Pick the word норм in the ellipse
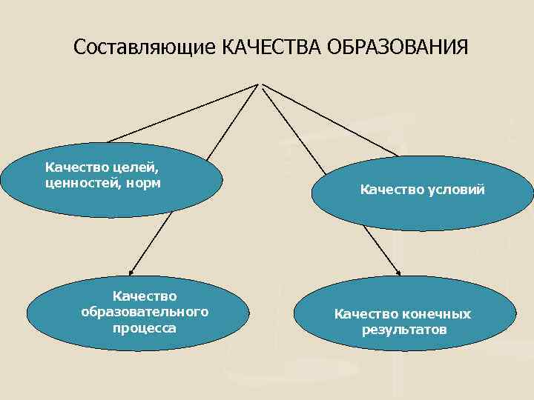(145, 182)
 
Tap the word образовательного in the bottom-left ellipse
(145, 311)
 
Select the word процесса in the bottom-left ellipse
(145, 327)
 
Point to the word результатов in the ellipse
(404, 329)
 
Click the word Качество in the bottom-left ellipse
(145, 296)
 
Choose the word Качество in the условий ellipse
(392, 190)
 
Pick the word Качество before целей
(73, 167)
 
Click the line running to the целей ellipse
(182, 113)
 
